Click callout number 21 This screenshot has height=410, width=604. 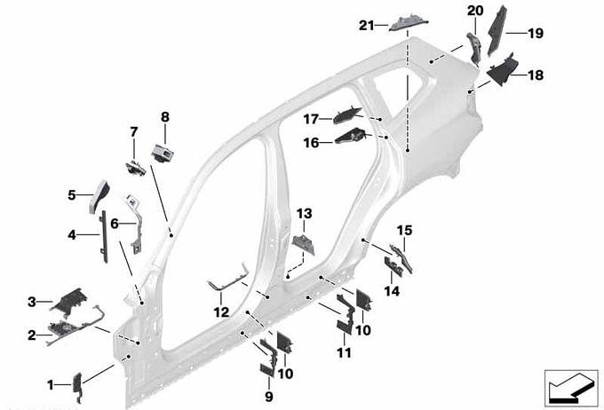tap(366, 25)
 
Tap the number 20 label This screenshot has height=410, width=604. tap(474, 10)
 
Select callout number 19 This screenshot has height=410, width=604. tap(536, 34)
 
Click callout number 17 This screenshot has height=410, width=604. tap(310, 118)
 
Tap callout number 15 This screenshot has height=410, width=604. tap(404, 231)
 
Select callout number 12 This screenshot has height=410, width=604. tap(221, 312)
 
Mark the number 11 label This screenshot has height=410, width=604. tap(345, 352)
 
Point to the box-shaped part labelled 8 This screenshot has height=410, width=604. tap(163, 152)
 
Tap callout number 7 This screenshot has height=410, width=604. tap(134, 132)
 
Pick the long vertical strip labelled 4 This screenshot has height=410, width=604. tap(104, 235)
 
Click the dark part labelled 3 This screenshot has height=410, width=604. tap(68, 302)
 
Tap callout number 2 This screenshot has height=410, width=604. tap(32, 335)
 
